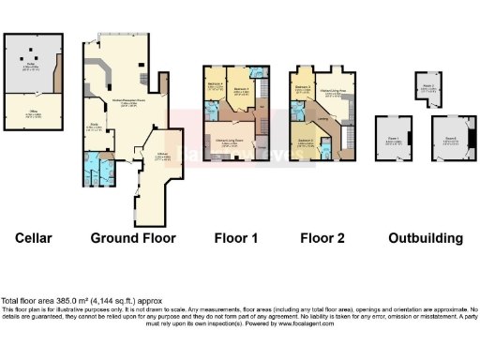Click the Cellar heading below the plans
[x=33, y=238]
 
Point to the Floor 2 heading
[x=322, y=238]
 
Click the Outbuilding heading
[x=426, y=238]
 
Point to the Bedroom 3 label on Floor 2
[x=303, y=87]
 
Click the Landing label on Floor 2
[x=322, y=119]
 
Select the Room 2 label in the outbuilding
[x=427, y=86]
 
